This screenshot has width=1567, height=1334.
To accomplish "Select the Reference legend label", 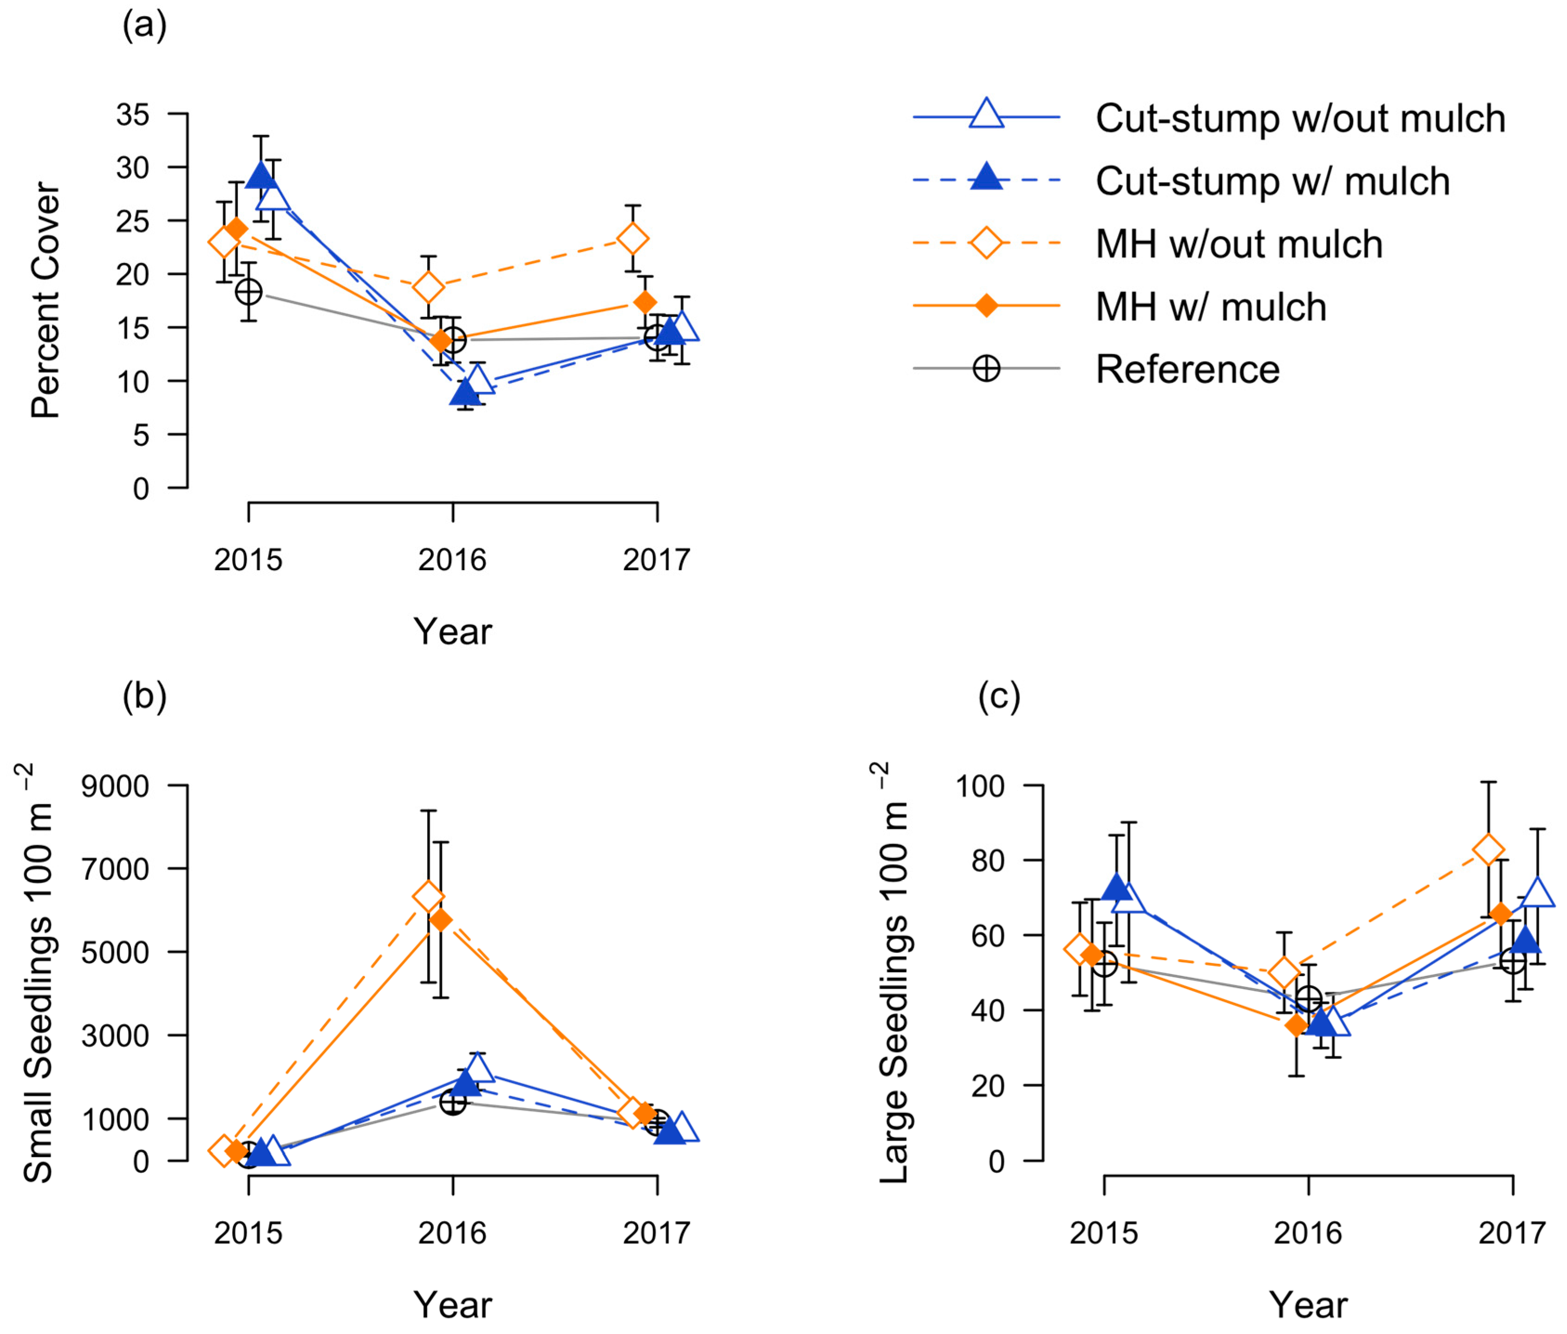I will (1187, 370).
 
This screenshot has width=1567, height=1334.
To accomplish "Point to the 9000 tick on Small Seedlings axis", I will (115, 787).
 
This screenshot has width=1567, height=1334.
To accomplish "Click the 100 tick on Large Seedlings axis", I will (980, 787).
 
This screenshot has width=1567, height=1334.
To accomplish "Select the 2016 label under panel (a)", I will (452, 560).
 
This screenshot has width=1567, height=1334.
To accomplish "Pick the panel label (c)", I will (999, 696).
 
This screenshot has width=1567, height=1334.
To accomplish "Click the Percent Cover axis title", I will (46, 300).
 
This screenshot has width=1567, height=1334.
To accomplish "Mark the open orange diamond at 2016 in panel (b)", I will (428, 897).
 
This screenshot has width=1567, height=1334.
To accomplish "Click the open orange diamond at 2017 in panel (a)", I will (632, 240).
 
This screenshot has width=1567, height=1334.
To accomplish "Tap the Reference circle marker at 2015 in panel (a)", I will (249, 292).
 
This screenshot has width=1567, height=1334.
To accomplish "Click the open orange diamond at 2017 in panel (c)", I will (1489, 851).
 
